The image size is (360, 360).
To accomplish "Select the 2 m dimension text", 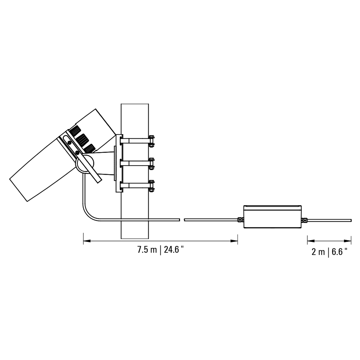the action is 318,252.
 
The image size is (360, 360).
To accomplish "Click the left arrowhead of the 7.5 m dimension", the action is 87,241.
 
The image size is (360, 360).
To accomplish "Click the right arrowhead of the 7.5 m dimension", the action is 234,241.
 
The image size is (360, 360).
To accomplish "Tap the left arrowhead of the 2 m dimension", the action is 311,241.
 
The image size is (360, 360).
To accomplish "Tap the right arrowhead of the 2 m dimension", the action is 348,241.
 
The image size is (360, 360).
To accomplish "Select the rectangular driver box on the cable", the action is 272,217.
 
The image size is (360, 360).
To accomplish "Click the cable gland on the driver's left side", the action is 240,220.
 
